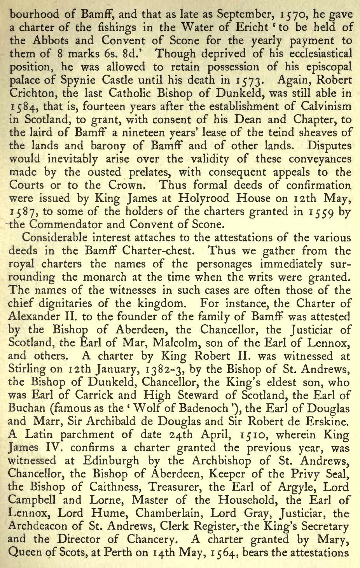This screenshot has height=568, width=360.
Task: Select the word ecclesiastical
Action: [319, 54]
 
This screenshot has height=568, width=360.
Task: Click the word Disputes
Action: [330, 146]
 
